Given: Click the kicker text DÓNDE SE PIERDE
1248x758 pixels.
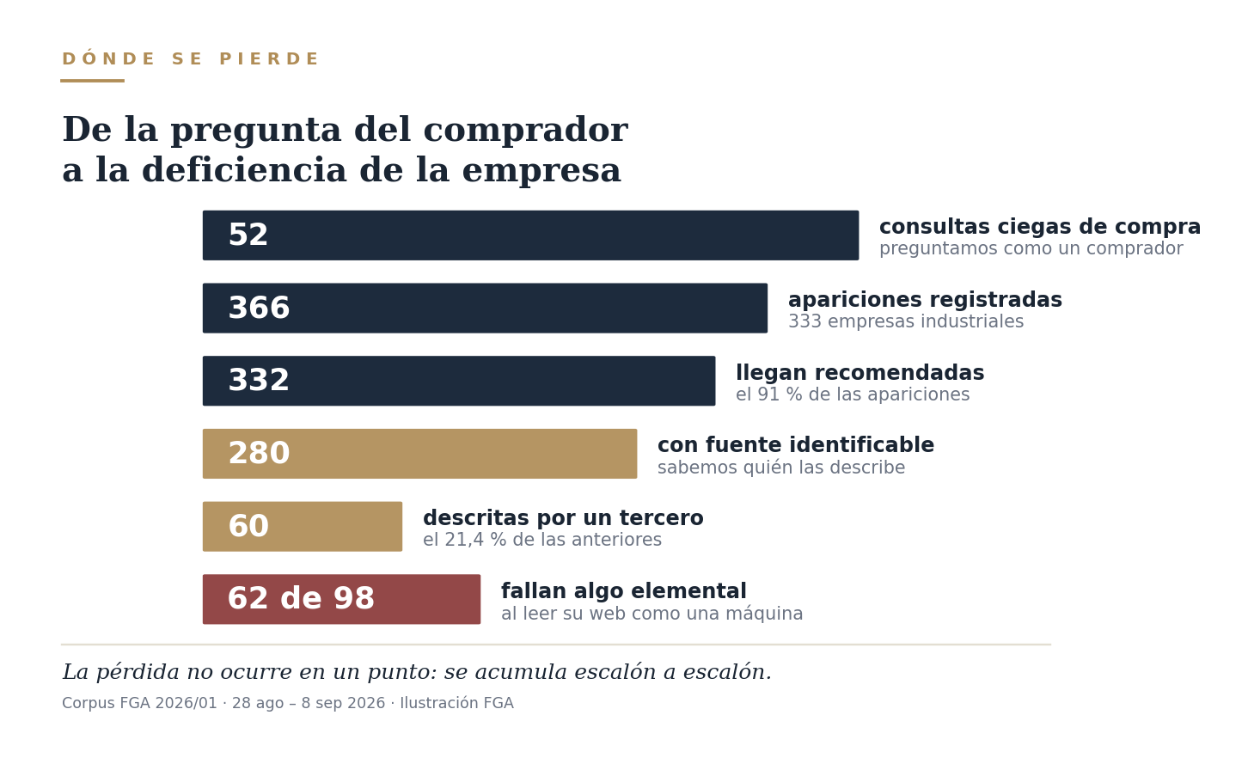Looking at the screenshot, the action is coord(191,58).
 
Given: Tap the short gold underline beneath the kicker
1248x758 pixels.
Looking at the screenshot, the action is coord(93,81).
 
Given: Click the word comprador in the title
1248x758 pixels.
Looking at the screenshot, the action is coord(525,131).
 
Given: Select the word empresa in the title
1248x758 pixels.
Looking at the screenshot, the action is coord(541,171).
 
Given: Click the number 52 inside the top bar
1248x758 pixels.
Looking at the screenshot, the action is coord(248,235).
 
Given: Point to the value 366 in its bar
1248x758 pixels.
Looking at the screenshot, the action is coord(259,308).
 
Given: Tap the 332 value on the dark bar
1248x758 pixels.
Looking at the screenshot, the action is coord(259,381).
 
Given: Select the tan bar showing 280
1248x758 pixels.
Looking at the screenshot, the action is coord(419,454).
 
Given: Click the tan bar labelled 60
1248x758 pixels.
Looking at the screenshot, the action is coord(303,526).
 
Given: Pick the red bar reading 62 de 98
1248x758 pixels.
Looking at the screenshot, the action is coord(341,599).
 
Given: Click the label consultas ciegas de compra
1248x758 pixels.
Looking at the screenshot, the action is coord(1040,227).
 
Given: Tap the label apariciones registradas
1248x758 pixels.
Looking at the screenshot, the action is coord(925,300).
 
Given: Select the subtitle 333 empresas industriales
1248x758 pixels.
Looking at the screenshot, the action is coord(906,322).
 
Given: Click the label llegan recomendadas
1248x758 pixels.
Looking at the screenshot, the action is coord(860,373).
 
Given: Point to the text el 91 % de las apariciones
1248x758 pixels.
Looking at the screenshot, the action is coord(853,394).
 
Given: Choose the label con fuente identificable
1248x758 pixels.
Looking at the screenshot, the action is coord(796,445).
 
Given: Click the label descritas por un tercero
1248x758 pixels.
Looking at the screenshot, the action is coord(563,518).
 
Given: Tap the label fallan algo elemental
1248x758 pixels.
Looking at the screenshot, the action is coord(623,591).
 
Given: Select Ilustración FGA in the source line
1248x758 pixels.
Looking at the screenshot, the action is coord(457,703).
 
